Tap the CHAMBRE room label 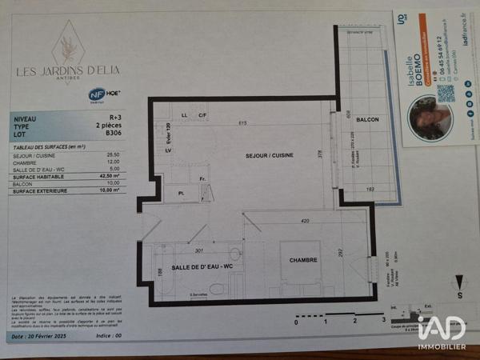click(x=303, y=260)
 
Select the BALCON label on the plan click(x=367, y=119)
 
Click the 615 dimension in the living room click(x=241, y=122)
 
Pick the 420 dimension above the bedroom click(x=304, y=221)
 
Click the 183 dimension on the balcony click(x=370, y=189)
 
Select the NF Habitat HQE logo click(x=98, y=94)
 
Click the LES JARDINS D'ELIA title click(x=70, y=70)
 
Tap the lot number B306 click(x=114, y=134)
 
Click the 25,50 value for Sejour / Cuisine click(x=113, y=154)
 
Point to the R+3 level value click(x=115, y=118)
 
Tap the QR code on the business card click(x=446, y=93)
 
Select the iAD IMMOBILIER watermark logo click(x=442, y=330)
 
